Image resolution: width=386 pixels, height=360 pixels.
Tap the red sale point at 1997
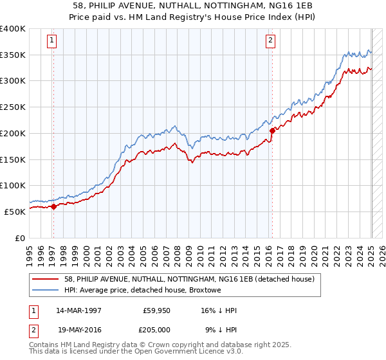click(53, 206)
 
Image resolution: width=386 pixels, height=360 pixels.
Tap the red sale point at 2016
click(272, 130)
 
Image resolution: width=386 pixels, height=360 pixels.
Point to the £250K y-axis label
click(14, 107)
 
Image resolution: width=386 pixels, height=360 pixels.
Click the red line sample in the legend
click(44, 279)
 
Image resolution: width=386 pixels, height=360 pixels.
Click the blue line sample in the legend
click(44, 290)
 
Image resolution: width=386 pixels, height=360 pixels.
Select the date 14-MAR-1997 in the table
click(78, 310)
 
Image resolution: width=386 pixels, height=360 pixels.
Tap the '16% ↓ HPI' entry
click(218, 310)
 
